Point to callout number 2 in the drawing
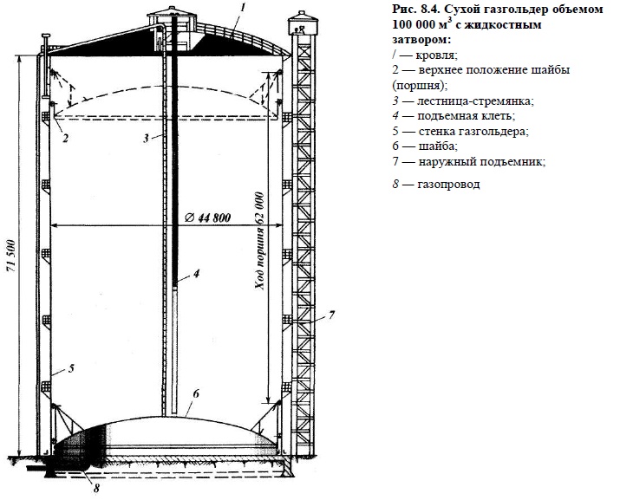pos(66,136)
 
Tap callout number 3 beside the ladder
pos(148,137)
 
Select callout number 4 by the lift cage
pos(197,273)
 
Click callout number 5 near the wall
pos(72,368)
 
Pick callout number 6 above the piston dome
pos(197,393)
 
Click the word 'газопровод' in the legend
pos(447,185)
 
